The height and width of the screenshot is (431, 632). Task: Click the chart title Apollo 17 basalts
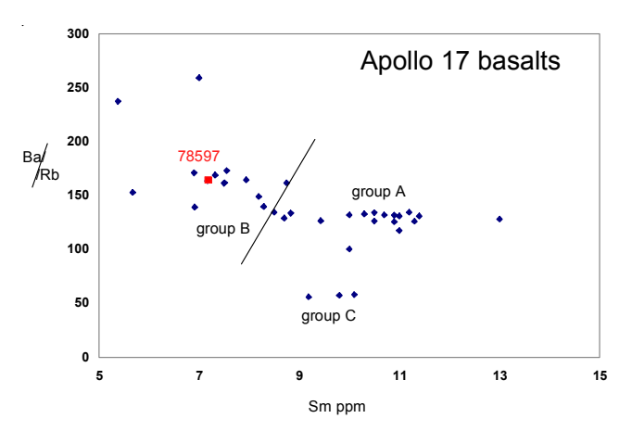coord(460,63)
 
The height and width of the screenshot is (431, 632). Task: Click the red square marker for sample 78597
coord(208,180)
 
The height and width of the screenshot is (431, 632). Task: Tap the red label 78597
coord(198,158)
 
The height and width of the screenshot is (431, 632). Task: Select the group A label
coord(378,192)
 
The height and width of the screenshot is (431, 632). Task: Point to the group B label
coord(222,228)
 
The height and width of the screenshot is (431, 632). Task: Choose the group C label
coord(328,316)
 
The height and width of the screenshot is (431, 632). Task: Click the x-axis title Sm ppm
coord(348,407)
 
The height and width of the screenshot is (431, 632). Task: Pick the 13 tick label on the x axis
coord(499,375)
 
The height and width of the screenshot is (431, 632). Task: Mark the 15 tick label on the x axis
coord(600,375)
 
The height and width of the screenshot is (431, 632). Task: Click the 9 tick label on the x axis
coord(299,375)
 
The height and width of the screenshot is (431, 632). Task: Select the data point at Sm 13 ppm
coord(499,219)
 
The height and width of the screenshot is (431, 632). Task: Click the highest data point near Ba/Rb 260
coord(199,78)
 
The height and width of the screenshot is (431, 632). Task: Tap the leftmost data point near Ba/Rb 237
coord(118,101)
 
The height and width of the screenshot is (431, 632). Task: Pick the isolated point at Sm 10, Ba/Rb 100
coord(348,248)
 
